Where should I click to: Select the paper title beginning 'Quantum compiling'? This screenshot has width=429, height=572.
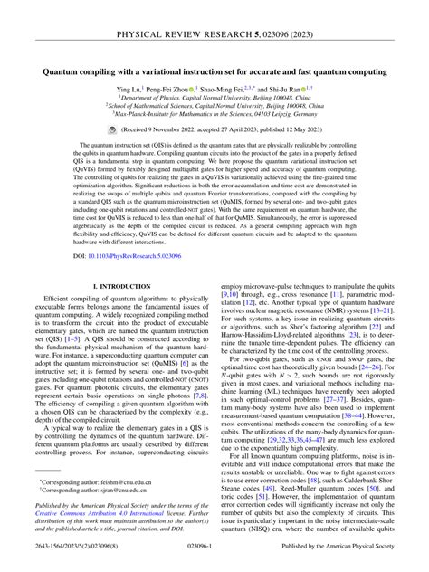[214, 70]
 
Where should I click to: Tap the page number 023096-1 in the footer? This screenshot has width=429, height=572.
[214, 562]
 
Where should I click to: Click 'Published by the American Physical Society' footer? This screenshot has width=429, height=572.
[345, 562]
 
